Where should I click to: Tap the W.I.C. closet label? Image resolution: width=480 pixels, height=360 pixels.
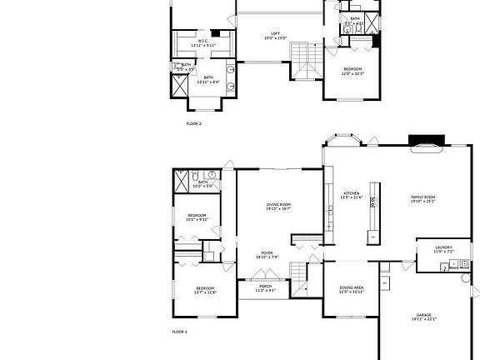tap(202, 43)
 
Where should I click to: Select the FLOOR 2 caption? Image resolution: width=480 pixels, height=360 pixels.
tap(193, 123)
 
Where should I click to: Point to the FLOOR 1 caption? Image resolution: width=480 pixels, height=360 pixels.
tap(180, 332)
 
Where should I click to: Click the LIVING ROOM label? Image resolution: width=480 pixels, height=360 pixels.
tap(278, 206)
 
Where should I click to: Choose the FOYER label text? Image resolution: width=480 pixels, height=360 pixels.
tap(267, 254)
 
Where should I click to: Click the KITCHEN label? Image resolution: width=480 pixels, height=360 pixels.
tap(352, 195)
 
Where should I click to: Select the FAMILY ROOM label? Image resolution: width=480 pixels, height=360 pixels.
tap(423, 198)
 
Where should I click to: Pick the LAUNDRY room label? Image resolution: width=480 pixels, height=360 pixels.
tap(444, 249)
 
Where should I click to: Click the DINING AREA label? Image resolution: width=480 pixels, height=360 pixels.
tap(351, 290)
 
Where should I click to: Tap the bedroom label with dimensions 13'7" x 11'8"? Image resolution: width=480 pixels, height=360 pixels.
tap(204, 290)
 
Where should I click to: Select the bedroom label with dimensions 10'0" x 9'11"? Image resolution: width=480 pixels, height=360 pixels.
tap(196, 218)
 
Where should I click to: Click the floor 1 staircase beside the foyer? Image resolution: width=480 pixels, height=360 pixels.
tap(299, 272)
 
